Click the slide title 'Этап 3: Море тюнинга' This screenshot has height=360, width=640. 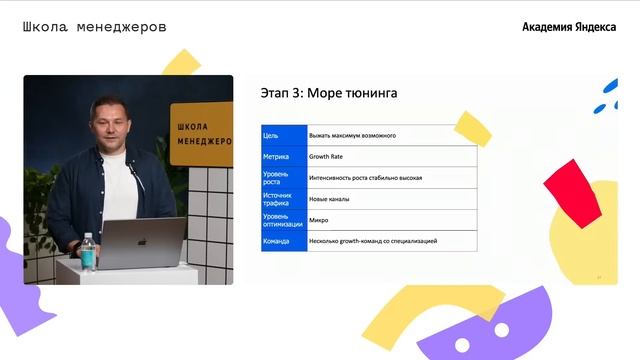[328, 93]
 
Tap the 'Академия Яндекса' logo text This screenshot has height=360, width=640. [569, 27]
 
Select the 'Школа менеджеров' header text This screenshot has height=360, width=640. [94, 27]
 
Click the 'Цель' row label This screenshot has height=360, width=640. [271, 134]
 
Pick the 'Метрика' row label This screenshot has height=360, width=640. [276, 156]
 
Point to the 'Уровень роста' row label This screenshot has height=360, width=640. [275, 178]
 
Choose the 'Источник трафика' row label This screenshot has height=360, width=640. [277, 199]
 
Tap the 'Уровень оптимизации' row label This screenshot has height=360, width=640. [281, 220]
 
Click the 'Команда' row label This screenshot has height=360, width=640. [277, 241]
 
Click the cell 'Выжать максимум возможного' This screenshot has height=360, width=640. [352, 134]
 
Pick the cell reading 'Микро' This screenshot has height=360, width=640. [319, 220]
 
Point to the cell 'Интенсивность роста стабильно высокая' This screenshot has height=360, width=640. [365, 178]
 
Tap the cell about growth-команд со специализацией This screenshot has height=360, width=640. [373, 241]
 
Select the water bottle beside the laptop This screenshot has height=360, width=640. [88, 252]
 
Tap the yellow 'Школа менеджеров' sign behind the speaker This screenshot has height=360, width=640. [201, 133]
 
